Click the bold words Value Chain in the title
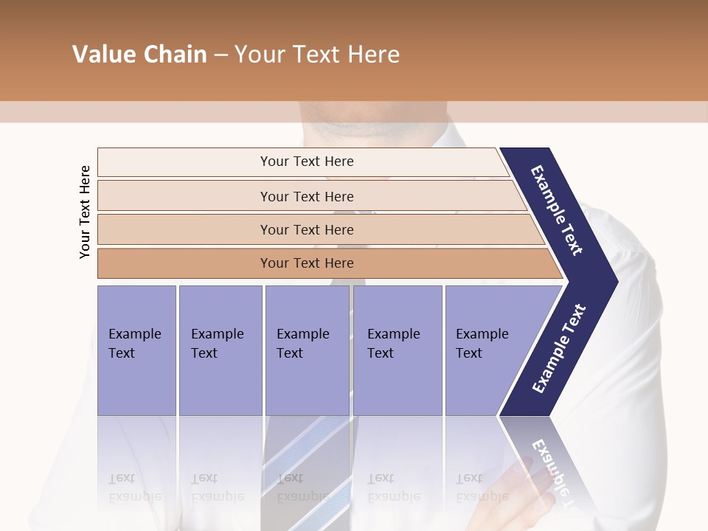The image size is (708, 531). [x=139, y=55]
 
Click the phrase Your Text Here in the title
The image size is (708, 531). [x=317, y=55]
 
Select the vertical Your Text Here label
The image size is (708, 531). [x=85, y=212]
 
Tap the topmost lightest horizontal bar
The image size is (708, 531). [x=306, y=162]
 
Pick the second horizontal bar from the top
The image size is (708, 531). [x=306, y=196]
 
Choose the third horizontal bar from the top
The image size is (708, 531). [x=306, y=229]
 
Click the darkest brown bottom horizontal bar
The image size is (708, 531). [x=306, y=263]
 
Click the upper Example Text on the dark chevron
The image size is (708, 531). [x=557, y=210]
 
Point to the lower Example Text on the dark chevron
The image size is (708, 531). [x=558, y=349]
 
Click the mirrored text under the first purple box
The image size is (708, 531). [x=134, y=487]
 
